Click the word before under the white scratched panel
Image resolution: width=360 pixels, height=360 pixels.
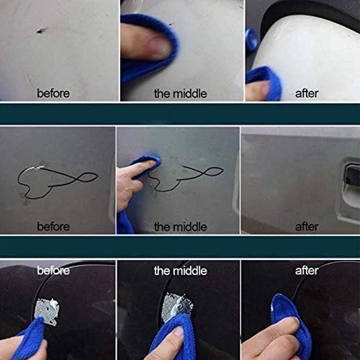click(54, 93)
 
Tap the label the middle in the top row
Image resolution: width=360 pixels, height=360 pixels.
click(180, 93)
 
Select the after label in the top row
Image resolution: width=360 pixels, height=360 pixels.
click(307, 93)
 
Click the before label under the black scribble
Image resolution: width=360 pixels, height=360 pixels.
click(54, 226)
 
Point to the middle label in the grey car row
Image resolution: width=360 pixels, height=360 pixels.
click(180, 226)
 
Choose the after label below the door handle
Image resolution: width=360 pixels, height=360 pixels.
click(307, 226)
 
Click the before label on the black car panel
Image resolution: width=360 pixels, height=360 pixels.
click(54, 271)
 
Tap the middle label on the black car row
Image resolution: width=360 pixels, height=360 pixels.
click(180, 271)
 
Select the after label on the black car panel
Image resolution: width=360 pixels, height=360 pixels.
click(307, 271)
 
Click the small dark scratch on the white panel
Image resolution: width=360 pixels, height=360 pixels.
click(40, 30)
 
